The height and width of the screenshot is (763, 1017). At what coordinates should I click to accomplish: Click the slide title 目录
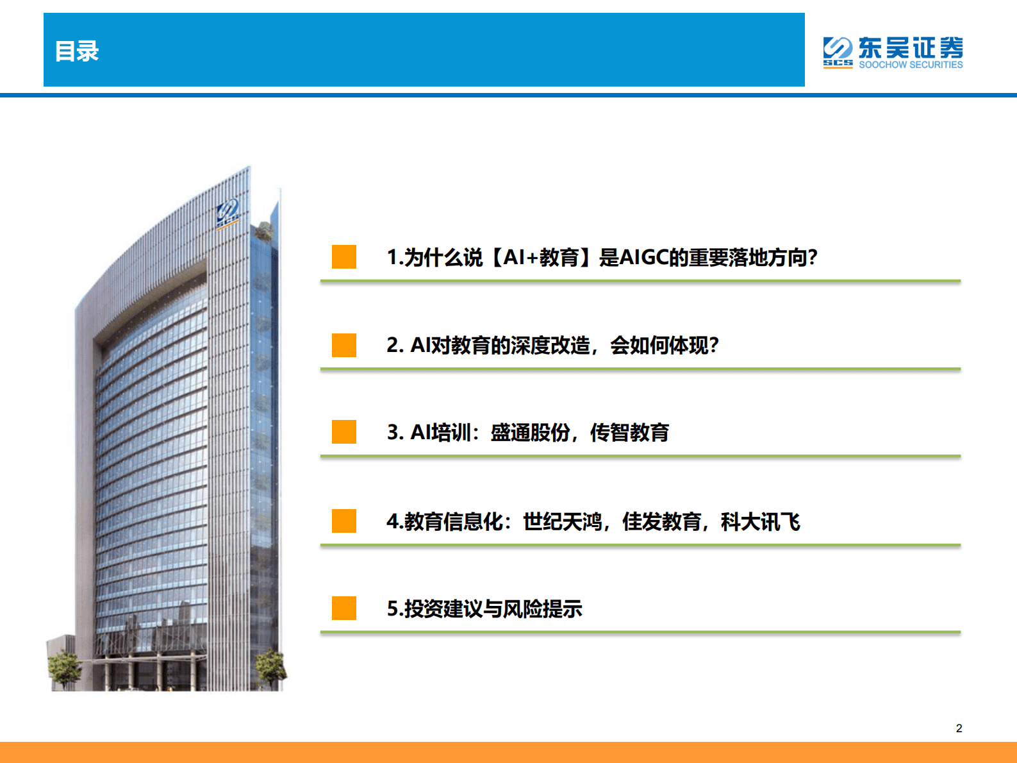(x=77, y=51)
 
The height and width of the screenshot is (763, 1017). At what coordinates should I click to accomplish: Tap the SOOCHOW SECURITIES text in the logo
(x=911, y=65)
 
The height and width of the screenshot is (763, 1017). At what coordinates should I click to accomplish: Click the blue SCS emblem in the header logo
(x=838, y=51)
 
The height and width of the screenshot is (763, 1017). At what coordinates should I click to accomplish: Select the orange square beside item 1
(x=344, y=256)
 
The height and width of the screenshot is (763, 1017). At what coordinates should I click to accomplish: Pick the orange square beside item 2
(x=344, y=345)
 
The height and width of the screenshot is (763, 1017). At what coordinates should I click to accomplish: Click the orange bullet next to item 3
(x=344, y=432)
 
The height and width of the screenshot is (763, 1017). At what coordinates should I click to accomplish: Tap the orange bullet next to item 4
(x=344, y=521)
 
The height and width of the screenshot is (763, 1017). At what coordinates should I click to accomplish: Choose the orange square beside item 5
(x=344, y=608)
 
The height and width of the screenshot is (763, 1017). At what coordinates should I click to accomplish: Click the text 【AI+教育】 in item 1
(x=541, y=258)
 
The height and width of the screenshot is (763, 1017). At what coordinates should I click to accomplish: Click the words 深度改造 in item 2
(x=550, y=346)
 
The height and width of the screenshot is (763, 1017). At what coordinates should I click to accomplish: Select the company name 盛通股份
(x=530, y=433)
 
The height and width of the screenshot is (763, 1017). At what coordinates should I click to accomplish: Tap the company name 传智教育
(x=629, y=433)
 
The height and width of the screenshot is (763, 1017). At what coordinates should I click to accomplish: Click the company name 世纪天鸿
(x=563, y=522)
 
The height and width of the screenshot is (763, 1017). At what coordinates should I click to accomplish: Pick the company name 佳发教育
(x=661, y=522)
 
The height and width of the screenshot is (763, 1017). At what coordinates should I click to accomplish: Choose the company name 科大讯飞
(x=761, y=522)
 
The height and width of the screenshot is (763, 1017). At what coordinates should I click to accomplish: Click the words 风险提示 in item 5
(x=542, y=609)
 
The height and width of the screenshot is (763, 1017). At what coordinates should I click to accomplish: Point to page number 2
(x=959, y=728)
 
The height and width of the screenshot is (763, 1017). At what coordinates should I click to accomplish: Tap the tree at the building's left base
(x=64, y=667)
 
